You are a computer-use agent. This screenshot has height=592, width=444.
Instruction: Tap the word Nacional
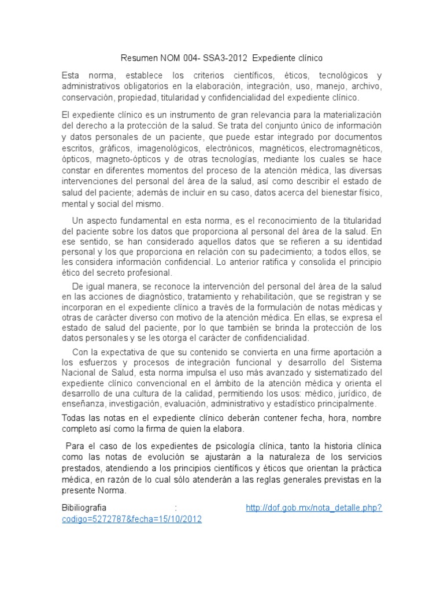[78, 373]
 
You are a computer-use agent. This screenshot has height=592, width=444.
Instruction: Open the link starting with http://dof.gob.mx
[314, 508]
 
